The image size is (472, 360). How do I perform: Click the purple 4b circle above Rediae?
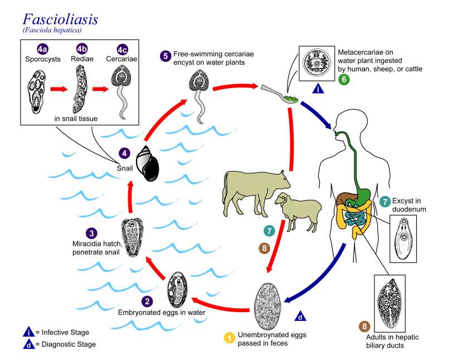point(82,48)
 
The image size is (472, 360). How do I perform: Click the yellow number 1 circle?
point(228,338)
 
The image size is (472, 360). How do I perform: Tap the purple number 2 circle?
point(147,301)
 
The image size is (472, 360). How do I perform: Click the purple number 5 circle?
point(165,56)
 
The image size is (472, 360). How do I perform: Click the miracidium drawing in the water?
point(134,237)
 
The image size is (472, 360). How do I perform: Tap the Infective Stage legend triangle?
point(28,333)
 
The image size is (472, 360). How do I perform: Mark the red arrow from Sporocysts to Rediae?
point(58,89)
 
